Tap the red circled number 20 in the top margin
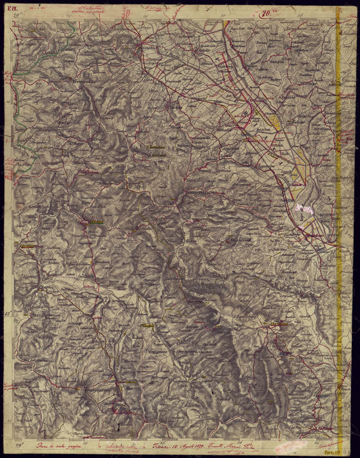pyautogui.click(x=267, y=15)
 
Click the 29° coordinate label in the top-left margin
pyautogui.click(x=18, y=18)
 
